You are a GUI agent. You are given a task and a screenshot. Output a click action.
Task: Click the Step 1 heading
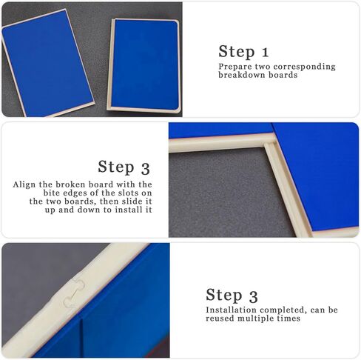coord(243,51)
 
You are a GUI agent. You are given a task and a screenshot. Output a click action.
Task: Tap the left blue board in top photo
coord(48,63)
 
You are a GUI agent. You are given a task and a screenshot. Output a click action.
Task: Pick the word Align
coord(27,184)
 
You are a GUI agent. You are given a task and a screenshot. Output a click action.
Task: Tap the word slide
coord(125,201)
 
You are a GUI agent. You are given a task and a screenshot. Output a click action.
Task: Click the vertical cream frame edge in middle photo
coord(288,189)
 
